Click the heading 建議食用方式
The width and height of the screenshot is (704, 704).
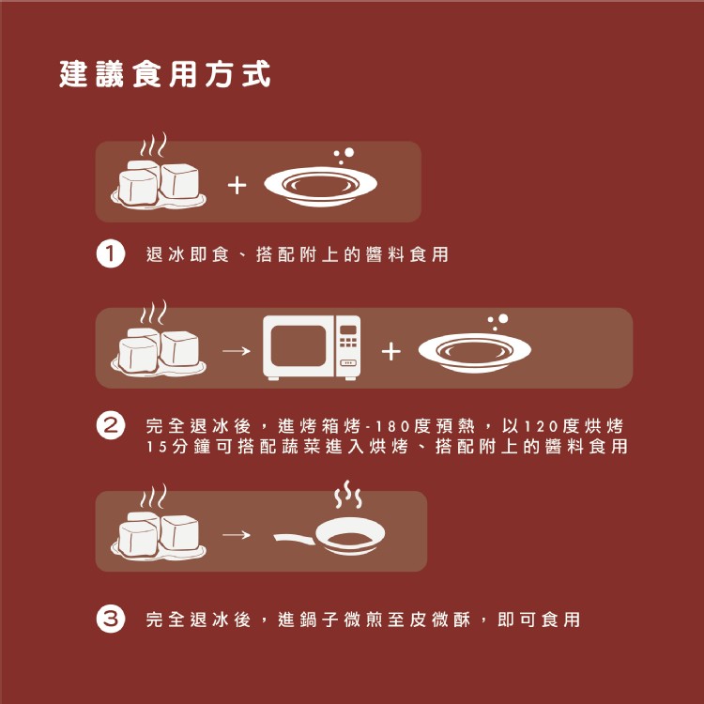coord(165,74)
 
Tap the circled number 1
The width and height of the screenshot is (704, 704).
coord(111,254)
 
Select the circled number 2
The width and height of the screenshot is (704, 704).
coord(111,425)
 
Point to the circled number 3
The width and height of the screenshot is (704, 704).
coord(111,620)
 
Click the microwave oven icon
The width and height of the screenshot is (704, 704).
coord(312,348)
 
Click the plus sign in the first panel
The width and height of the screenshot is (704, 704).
coord(237,186)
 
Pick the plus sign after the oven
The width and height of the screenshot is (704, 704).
coord(391,351)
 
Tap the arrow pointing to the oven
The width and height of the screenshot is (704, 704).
coord(237,351)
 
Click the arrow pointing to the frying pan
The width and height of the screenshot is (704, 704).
coord(237,534)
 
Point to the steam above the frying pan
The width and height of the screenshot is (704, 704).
coord(348,495)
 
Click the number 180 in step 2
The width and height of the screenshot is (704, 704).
coord(390,425)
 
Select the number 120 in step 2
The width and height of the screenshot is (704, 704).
coord(540,425)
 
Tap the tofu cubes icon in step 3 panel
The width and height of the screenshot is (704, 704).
coord(159,523)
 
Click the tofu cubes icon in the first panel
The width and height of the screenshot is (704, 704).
coord(159,172)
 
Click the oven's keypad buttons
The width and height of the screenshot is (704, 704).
coord(348,343)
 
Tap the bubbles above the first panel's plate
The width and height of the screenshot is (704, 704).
coord(344,156)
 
